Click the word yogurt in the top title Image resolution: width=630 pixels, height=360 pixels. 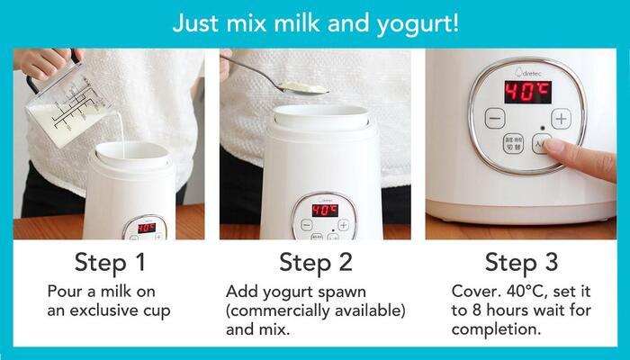tap(413, 24)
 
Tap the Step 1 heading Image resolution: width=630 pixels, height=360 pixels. tap(110, 263)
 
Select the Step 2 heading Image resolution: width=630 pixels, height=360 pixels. tap(315, 263)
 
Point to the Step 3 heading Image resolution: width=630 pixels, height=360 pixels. tap(521, 263)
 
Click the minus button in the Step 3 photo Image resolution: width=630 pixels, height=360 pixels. tap(495, 119)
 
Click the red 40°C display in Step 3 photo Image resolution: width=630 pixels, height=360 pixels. tap(528, 92)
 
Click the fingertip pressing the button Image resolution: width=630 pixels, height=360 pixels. tap(553, 145)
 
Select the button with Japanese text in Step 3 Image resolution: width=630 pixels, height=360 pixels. tap(514, 143)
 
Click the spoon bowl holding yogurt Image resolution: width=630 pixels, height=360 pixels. tap(302, 88)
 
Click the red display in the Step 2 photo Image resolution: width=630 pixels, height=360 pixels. tap(325, 210)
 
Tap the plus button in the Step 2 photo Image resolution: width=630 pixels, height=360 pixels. tap(343, 225)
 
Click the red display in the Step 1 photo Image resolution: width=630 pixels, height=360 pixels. tap(147, 228)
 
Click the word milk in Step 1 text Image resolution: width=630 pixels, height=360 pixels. tap(116, 292)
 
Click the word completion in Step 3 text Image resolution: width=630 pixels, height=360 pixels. tap(496, 329)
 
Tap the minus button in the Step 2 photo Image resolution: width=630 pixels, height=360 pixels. tap(307, 225)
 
